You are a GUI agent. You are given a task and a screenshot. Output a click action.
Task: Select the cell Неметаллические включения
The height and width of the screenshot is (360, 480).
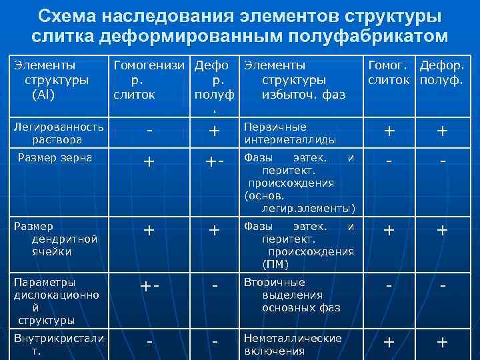(x=293, y=344)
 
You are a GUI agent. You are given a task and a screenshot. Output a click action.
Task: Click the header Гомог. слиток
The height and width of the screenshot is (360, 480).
(x=389, y=73)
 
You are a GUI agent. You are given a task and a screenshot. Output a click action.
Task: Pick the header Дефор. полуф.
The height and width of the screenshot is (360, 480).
(x=442, y=73)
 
